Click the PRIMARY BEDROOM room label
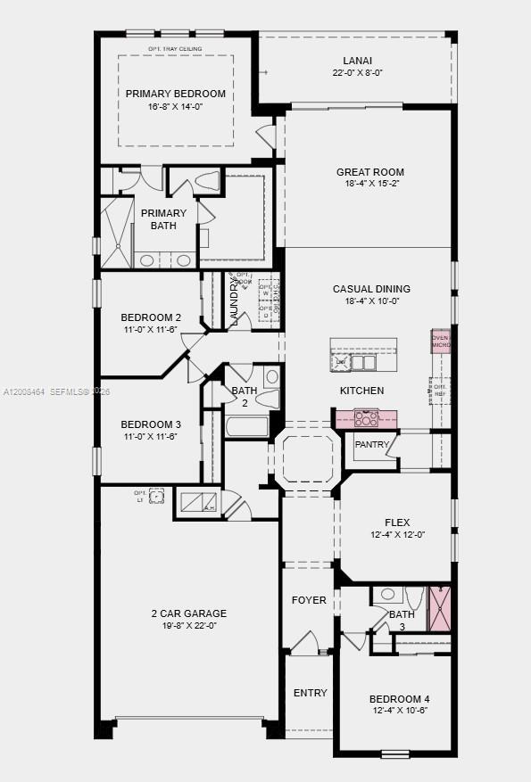[175, 94]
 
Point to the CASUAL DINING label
[371, 289]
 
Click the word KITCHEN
[361, 391]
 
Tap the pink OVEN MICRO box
[441, 341]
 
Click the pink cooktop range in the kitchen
[366, 417]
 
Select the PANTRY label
[371, 444]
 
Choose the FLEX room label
[397, 523]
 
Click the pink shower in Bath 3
[440, 610]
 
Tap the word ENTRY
[311, 693]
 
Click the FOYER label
[309, 600]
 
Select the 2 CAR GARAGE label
[188, 613]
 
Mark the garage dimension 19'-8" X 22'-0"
[188, 626]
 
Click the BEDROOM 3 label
[151, 424]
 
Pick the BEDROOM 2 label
[151, 317]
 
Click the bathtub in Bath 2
[247, 426]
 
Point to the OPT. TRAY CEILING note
[175, 48]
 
